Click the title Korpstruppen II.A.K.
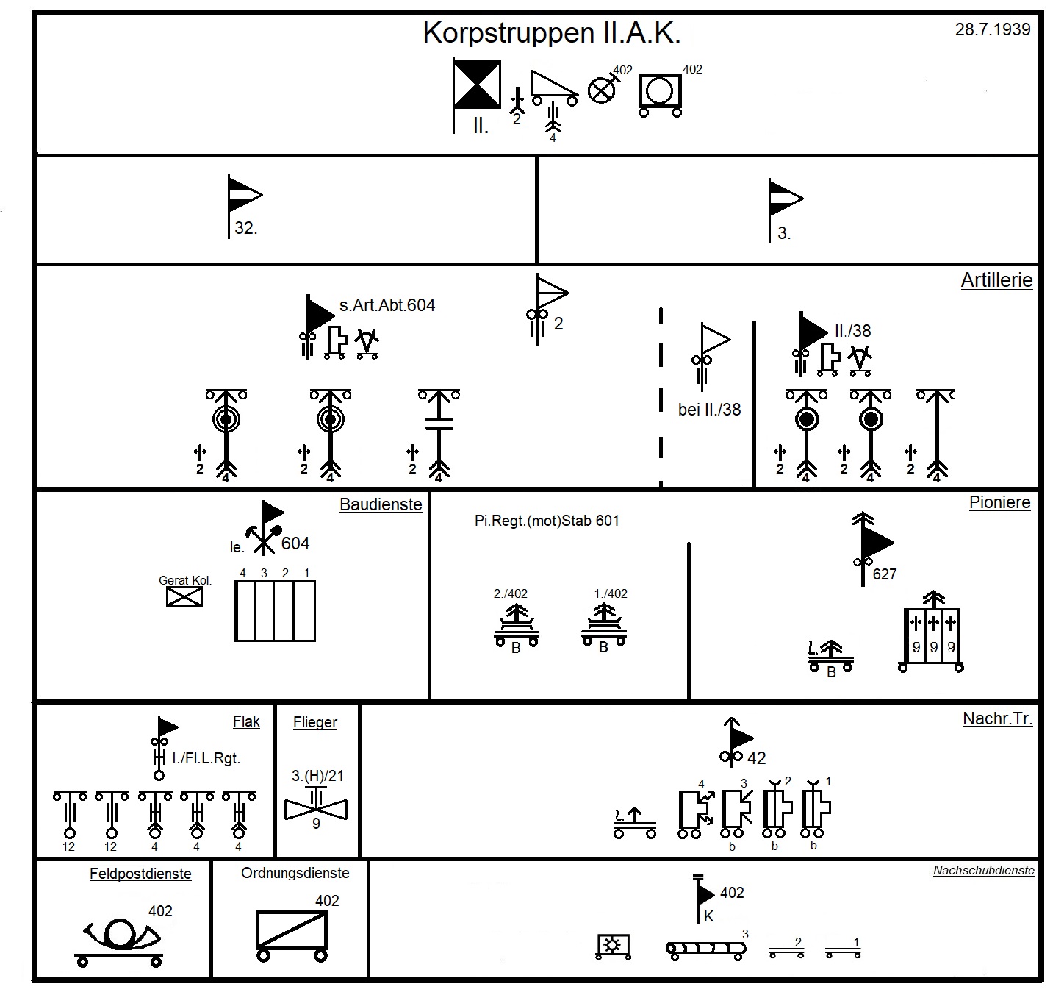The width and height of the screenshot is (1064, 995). click(552, 33)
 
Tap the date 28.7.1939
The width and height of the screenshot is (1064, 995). click(992, 29)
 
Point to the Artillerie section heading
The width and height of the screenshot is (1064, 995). click(996, 280)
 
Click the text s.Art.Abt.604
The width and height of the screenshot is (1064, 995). click(387, 305)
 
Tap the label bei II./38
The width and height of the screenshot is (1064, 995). click(709, 410)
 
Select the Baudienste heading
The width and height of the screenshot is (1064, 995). click(381, 504)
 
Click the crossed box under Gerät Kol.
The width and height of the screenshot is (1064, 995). click(184, 597)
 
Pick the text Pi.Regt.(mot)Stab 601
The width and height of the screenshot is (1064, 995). click(547, 521)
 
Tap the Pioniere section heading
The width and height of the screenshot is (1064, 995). click(999, 502)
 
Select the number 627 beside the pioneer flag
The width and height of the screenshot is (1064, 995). click(885, 574)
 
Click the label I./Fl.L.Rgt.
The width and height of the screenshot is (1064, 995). click(206, 757)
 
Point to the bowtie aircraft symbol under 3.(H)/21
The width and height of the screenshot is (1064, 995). click(316, 808)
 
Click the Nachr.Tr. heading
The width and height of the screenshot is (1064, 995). click(997, 718)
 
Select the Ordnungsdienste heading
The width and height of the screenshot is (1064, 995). click(295, 873)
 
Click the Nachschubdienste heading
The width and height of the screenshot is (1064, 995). click(983, 871)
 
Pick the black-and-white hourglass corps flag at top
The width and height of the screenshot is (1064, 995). click(477, 85)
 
